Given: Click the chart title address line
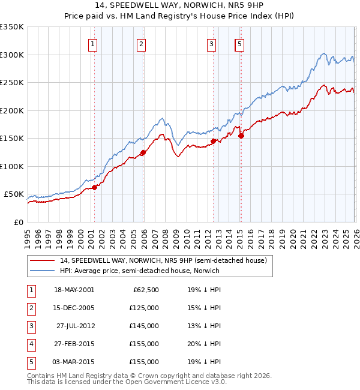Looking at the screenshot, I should coord(180,5).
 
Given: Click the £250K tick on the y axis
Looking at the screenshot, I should coord(12,82).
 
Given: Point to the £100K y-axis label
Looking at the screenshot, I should coord(12,166).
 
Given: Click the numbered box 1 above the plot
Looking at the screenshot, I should coord(94,43).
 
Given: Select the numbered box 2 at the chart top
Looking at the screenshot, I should coord(140,43).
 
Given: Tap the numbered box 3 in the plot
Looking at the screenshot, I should coord(211,43).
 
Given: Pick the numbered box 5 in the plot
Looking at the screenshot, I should coord(240,43).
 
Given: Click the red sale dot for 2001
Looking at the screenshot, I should coord(94,187).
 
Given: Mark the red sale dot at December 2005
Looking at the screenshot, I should coord(143,152).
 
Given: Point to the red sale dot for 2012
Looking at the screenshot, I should coord(213,142).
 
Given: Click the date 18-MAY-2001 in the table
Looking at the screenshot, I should coord(74,290).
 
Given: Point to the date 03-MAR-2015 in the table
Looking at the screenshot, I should coord(74,362).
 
